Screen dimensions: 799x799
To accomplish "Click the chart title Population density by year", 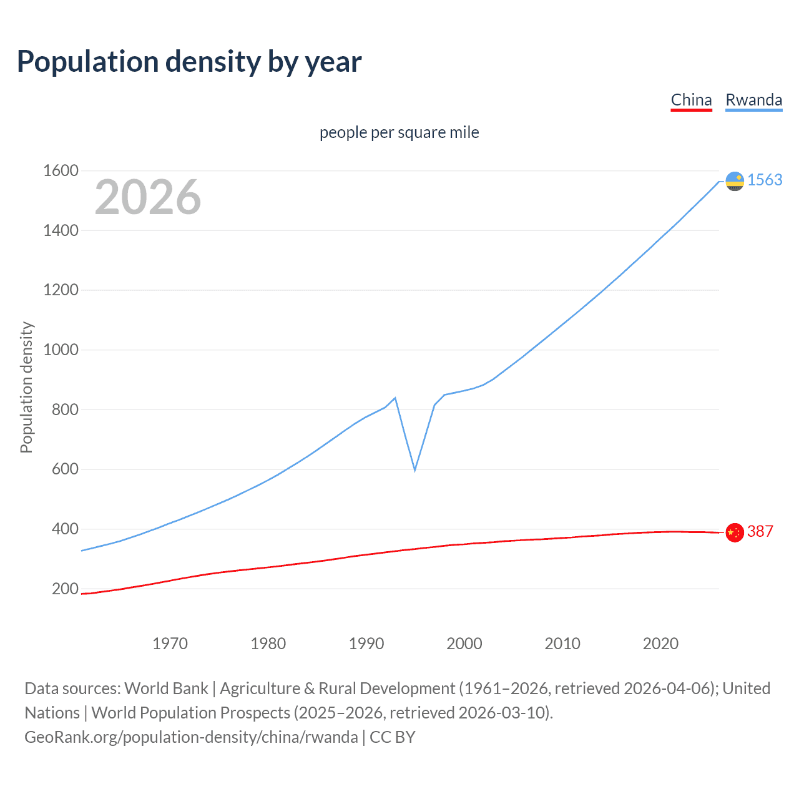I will pos(189,62).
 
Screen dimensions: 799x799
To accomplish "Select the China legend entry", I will pos(691,100).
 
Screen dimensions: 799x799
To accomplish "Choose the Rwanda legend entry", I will pos(753,100).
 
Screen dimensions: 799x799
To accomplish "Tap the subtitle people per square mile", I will pos(399,132).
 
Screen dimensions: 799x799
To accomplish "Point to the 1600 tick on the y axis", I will pos(61,170).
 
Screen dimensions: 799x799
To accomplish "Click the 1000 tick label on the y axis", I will pos(61,350).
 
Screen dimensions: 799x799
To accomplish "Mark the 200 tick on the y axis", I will pos(65,589).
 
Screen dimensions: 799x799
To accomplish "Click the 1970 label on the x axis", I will pos(170,644).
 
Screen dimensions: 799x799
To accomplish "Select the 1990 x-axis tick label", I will pos(366,644).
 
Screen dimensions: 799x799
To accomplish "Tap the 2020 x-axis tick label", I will pos(660,644).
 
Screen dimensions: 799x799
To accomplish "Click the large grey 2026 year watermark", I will pos(148,197).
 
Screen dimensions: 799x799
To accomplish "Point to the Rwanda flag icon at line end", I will pos(735,181).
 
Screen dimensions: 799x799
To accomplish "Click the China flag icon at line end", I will pos(735,532).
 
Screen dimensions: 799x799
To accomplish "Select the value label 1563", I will pos(765,180).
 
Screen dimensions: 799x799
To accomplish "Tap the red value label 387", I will pos(760,531).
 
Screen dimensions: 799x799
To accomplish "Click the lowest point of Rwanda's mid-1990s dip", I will pos(414,469).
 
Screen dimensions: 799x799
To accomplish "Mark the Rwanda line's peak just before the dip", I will pos(395,398).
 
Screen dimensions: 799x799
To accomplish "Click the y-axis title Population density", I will pos(26,387).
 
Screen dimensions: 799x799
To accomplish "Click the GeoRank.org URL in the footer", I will pos(191,737).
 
